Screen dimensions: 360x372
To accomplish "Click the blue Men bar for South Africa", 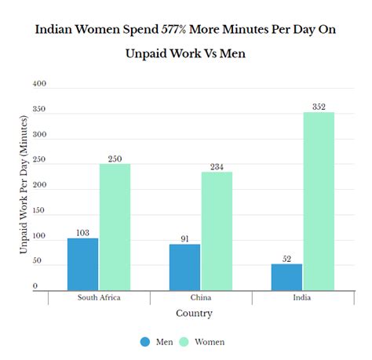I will (82, 264).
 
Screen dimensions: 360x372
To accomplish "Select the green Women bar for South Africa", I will (115, 227).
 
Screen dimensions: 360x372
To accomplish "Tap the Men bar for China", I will (184, 267).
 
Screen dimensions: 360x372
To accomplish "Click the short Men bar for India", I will (286, 277).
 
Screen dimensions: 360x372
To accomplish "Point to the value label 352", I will (319, 107).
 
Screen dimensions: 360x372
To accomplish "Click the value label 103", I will (82, 233).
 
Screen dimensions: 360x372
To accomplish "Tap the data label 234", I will (217, 166).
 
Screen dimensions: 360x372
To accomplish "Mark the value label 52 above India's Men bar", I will (286, 259).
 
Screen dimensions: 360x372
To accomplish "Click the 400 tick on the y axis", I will (39, 84).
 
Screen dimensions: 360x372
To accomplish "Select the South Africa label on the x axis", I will (99, 298).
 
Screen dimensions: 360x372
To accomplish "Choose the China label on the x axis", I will (200, 298).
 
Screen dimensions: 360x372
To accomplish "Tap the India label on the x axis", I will (302, 298).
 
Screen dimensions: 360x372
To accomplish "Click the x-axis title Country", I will (193, 313).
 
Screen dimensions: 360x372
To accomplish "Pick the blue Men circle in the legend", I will (145, 342).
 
